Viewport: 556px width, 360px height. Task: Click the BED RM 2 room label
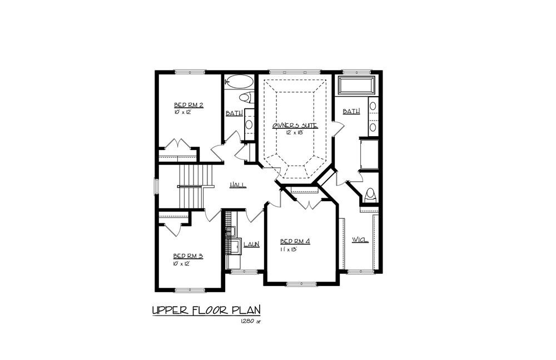coord(188,105)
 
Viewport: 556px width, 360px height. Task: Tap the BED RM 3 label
coord(187,256)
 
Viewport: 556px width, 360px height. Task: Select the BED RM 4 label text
coord(295,241)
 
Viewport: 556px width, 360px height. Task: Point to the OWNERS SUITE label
coord(295,126)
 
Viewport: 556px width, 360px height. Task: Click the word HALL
coord(239,186)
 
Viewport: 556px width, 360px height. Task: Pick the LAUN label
coord(251,244)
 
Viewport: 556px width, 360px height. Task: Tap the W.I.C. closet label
coord(360,239)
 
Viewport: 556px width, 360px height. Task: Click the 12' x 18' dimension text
coord(295,133)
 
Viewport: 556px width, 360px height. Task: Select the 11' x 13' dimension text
coord(289,249)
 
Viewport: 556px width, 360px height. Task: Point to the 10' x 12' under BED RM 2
coord(182,112)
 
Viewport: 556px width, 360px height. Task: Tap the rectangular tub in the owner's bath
coord(356,86)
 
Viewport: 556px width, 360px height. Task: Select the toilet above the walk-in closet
coord(370,196)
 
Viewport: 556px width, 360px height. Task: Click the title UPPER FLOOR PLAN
coord(206,309)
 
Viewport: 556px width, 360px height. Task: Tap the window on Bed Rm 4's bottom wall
coord(301,284)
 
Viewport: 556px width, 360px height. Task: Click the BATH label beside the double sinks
coord(351,112)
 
